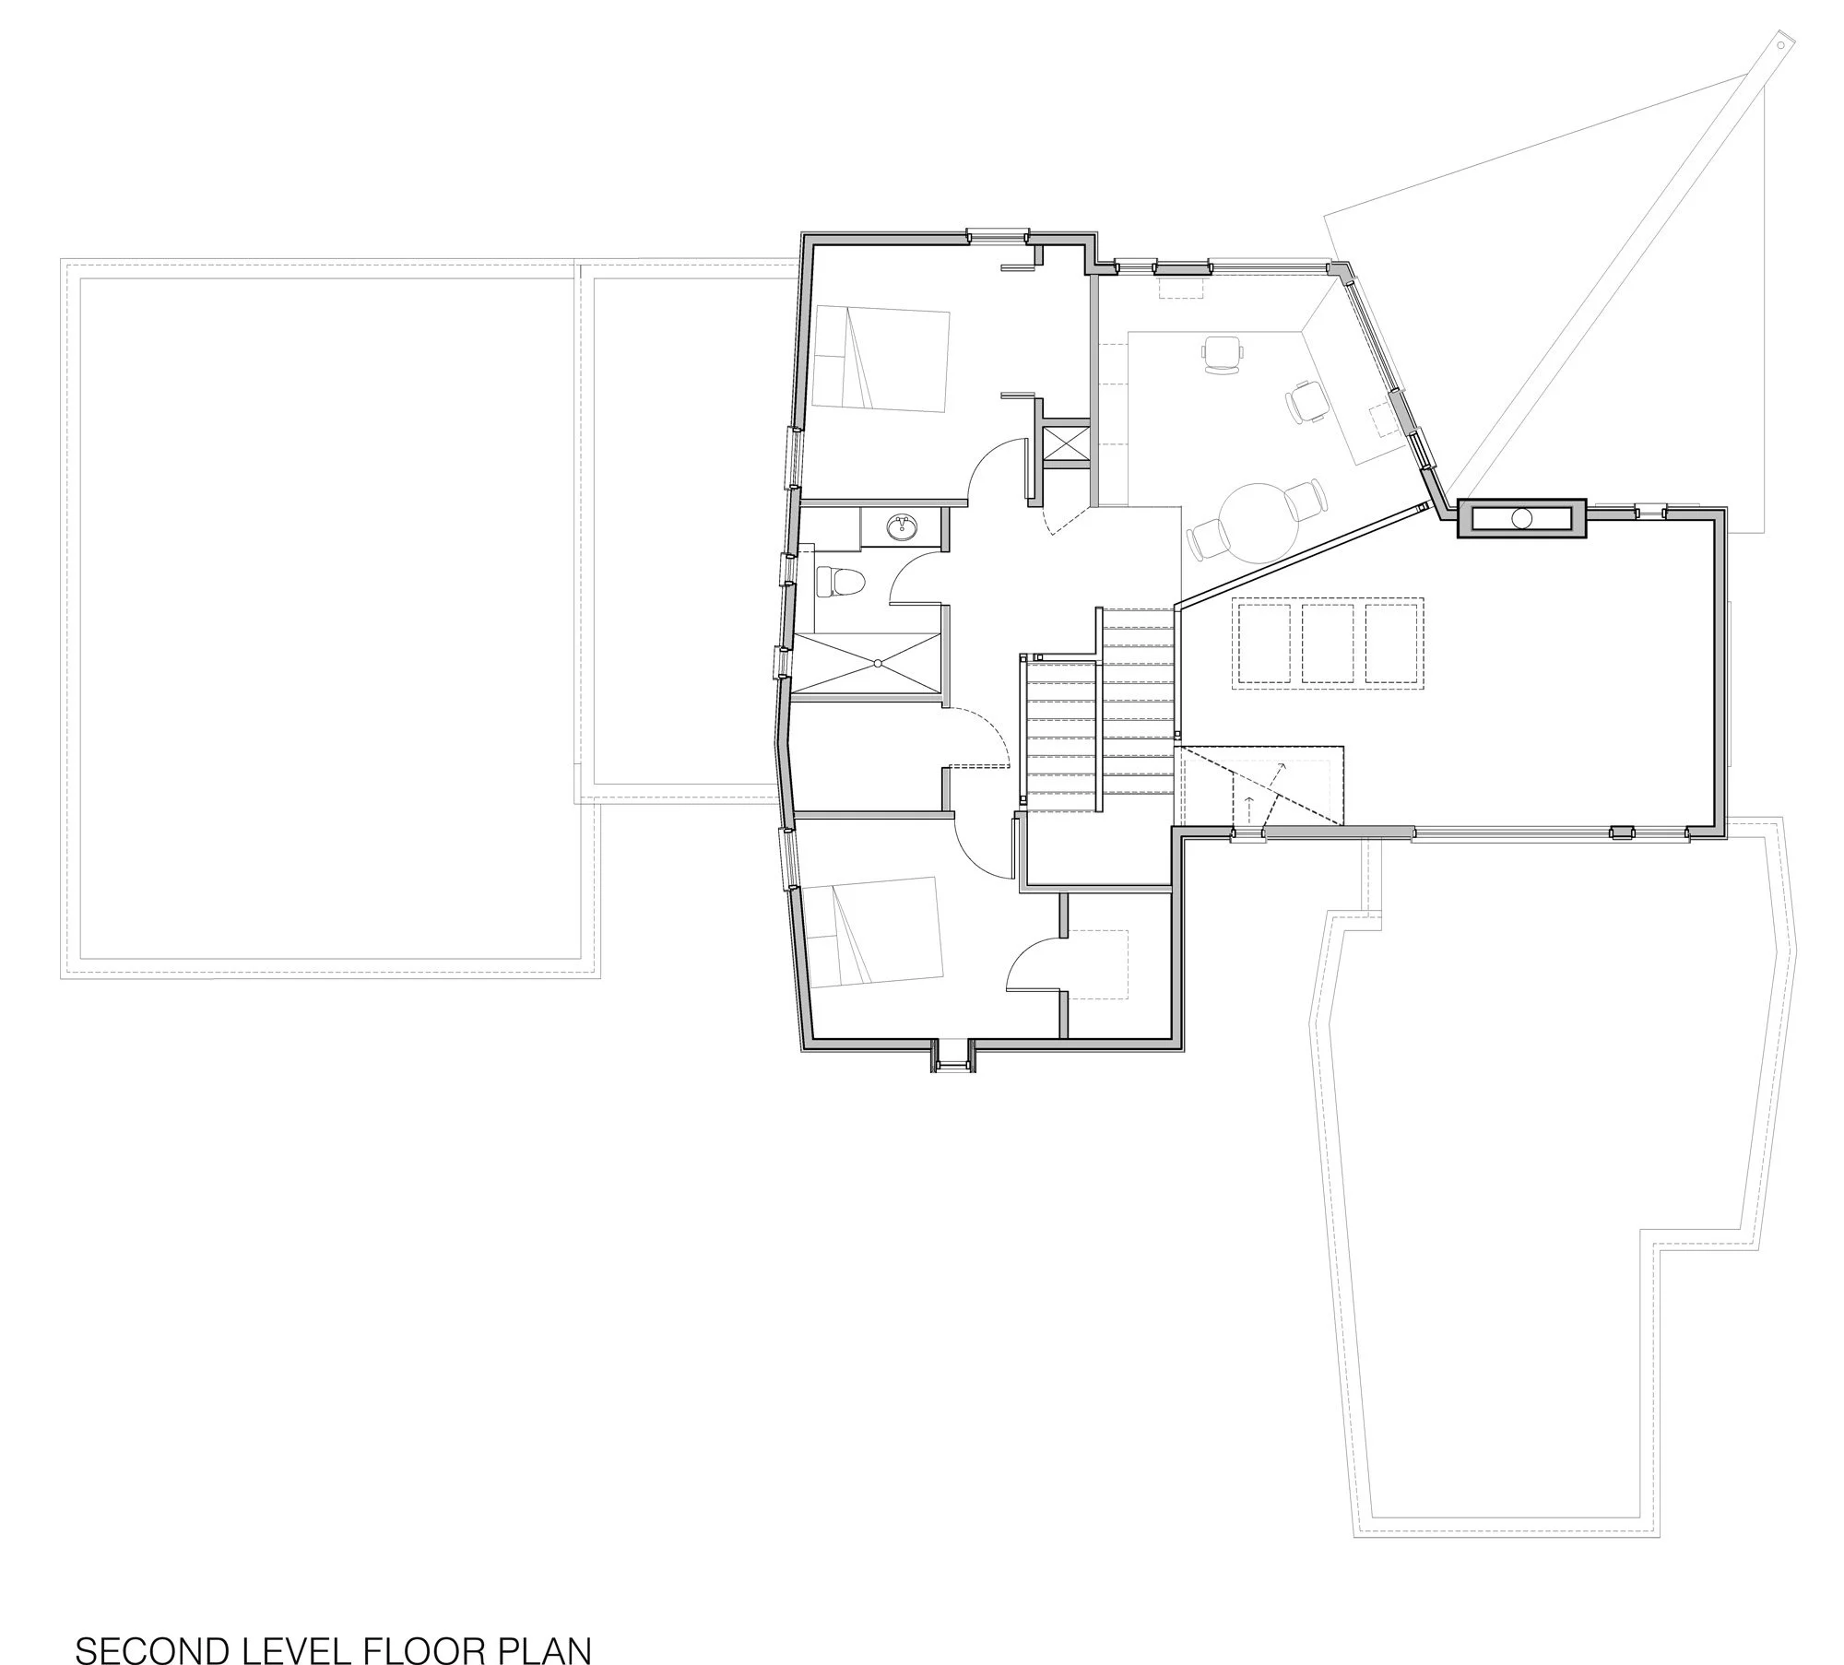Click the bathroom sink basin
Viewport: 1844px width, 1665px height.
[x=256, y=528]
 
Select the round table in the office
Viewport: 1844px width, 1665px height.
[x=1259, y=523]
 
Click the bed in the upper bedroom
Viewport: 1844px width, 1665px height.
[x=881, y=360]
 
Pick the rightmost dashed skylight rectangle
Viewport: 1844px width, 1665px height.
[x=1394, y=644]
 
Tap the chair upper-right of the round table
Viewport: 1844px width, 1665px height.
[x=1306, y=499]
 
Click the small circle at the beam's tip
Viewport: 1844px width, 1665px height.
[x=1780, y=42]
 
